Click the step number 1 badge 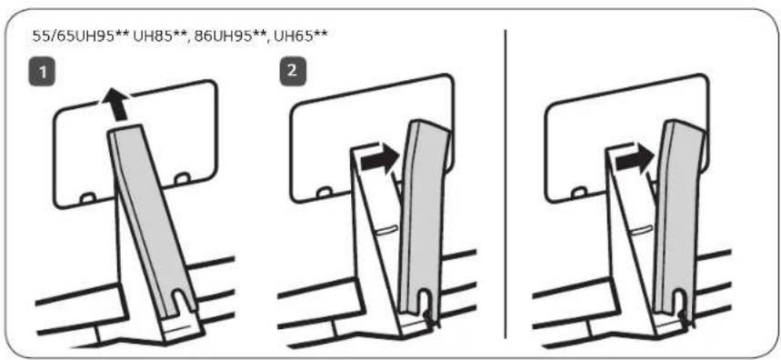43,72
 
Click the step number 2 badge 292,72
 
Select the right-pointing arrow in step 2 379,160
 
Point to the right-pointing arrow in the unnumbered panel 634,160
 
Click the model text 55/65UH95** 81,36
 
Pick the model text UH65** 301,36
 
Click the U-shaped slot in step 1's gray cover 182,300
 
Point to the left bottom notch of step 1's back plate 88,198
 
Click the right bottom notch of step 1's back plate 183,177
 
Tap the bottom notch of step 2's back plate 325,191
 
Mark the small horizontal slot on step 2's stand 387,229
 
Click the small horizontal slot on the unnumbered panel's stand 642,229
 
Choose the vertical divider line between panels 506,184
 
